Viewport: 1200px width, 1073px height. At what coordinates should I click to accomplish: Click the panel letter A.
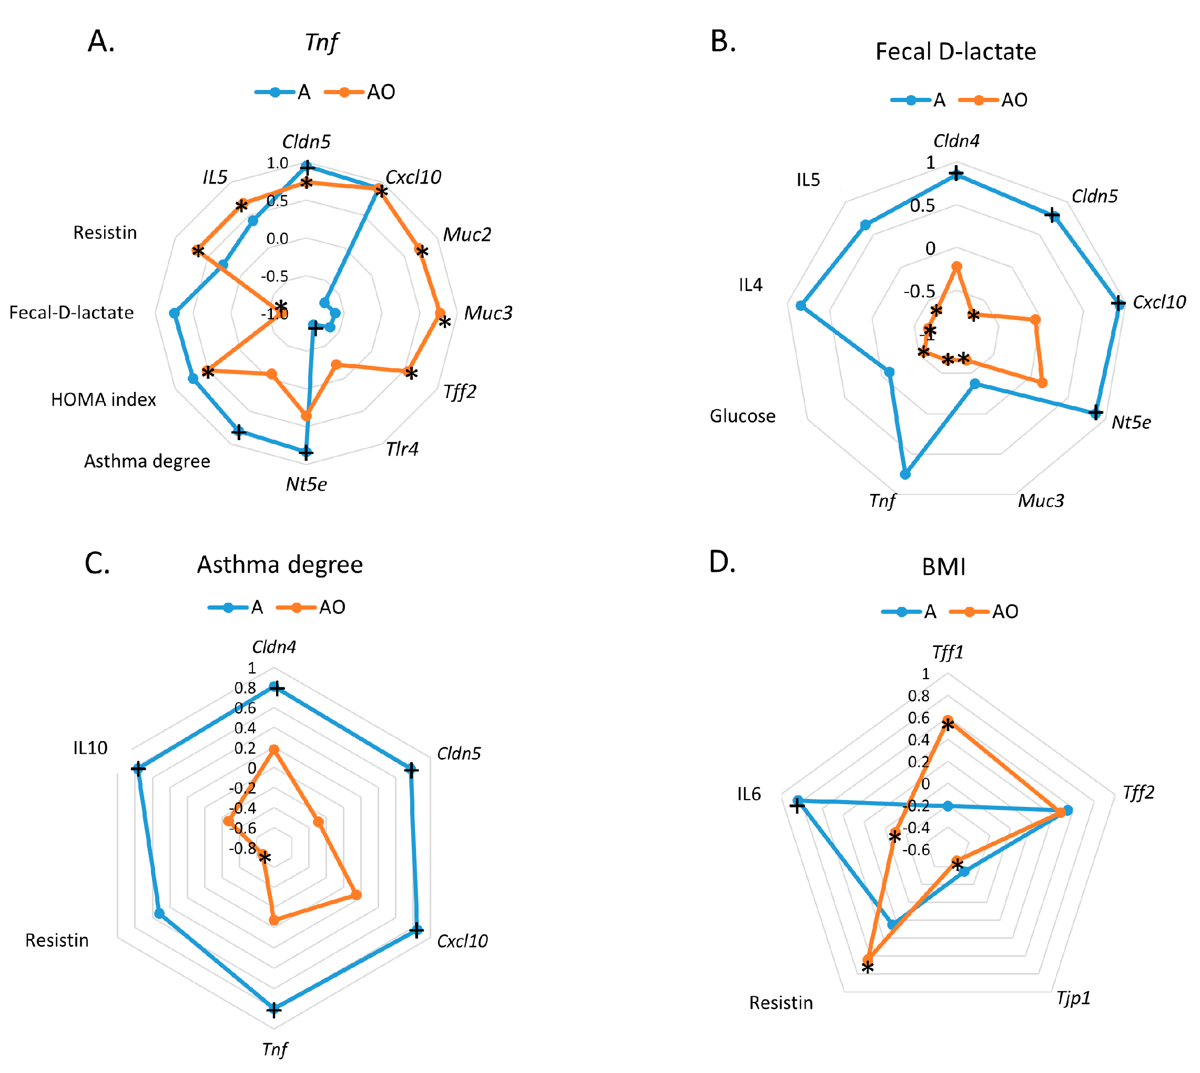[101, 42]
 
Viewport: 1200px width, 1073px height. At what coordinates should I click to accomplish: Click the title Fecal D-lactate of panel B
[955, 52]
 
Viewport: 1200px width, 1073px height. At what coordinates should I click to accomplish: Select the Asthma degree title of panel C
[280, 565]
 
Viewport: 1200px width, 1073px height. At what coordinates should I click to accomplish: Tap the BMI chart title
[943, 567]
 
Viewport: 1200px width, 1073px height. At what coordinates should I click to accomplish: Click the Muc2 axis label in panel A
[467, 235]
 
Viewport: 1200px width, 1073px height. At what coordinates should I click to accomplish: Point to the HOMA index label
[104, 400]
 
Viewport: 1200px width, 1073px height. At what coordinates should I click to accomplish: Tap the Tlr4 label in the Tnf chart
[402, 449]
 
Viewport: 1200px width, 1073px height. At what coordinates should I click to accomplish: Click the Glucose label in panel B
[742, 416]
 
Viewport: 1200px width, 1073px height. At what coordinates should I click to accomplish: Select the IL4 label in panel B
[750, 286]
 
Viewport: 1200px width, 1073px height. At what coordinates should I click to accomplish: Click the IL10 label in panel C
[90, 748]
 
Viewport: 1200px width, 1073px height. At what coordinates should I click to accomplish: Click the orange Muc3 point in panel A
[440, 313]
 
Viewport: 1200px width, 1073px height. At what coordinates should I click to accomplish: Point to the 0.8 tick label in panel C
[245, 688]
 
